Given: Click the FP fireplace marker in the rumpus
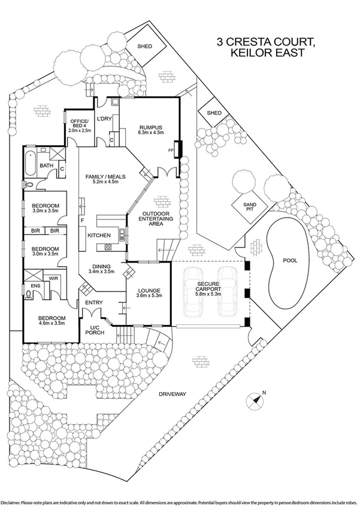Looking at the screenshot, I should click(x=171, y=150).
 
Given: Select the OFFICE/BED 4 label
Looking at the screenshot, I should click(x=78, y=122).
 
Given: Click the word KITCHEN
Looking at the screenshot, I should click(x=99, y=236).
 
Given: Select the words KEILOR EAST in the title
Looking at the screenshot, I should click(x=265, y=53).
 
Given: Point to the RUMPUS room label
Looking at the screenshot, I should click(x=151, y=127).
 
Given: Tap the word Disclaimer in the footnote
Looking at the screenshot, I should click(x=13, y=501).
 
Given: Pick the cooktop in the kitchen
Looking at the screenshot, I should click(x=108, y=246).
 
